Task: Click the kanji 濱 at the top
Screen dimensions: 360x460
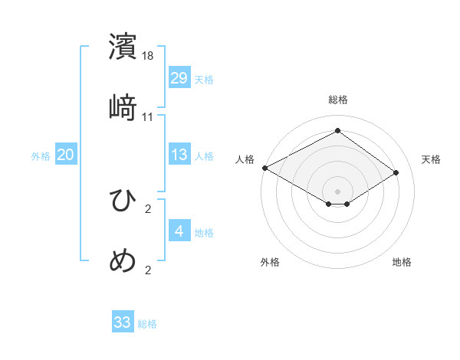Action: (x=123, y=47)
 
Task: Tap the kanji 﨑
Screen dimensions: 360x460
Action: (x=123, y=107)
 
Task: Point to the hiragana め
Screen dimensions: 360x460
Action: (x=123, y=260)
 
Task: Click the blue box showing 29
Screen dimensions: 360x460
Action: (x=179, y=77)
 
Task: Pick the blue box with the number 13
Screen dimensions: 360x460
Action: (x=179, y=155)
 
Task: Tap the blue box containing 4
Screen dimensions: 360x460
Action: (x=179, y=231)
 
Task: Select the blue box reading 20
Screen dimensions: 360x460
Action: (x=65, y=155)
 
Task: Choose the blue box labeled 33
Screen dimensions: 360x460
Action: (x=123, y=322)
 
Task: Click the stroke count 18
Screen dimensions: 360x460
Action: (x=149, y=56)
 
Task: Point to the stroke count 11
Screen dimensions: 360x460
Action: (x=148, y=116)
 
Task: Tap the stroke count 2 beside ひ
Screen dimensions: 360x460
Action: (x=148, y=208)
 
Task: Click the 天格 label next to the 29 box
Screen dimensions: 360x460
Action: (x=204, y=80)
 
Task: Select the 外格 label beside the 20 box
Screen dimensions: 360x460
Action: (x=41, y=156)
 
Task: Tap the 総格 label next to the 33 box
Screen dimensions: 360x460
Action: (x=147, y=324)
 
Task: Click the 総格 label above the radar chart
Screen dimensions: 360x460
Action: (x=338, y=100)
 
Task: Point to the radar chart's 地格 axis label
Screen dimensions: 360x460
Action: (x=402, y=262)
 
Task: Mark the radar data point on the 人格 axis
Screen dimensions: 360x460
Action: (x=264, y=168)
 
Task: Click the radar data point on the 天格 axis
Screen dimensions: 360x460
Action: (x=396, y=173)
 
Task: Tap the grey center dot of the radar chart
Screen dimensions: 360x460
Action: (x=337, y=191)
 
